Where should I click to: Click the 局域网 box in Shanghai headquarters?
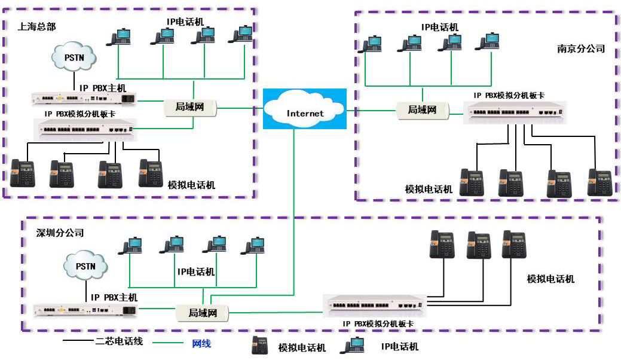189,108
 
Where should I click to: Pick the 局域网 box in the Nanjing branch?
422,110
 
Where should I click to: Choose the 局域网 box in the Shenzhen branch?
203,312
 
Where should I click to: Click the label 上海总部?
36,26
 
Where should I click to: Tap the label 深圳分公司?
60,233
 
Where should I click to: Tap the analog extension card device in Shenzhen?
374,304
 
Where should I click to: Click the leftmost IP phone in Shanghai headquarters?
118,37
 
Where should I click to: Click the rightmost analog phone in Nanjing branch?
599,182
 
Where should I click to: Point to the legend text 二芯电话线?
117,343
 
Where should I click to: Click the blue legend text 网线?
201,344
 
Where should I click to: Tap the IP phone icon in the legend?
353,345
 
